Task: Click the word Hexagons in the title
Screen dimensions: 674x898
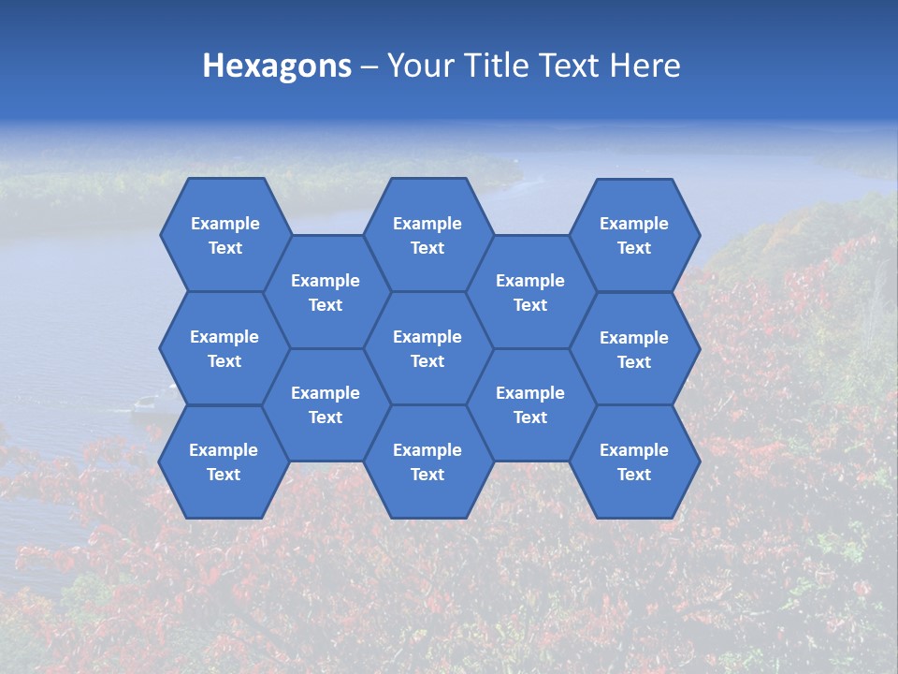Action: point(277,66)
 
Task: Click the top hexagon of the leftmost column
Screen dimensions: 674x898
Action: point(224,235)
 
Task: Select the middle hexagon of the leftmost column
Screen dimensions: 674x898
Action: point(224,348)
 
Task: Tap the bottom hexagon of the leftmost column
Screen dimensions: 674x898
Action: point(224,462)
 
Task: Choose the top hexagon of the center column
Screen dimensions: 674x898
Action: point(427,235)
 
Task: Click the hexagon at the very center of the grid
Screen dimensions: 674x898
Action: point(427,348)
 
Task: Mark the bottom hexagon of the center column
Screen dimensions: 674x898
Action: point(427,462)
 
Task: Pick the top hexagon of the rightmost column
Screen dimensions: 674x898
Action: point(634,235)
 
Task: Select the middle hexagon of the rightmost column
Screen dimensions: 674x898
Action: point(634,349)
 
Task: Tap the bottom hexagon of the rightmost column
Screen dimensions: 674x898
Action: point(634,462)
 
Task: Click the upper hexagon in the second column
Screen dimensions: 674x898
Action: point(326,292)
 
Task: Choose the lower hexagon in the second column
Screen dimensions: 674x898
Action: point(326,404)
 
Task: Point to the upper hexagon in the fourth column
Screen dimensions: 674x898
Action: point(530,292)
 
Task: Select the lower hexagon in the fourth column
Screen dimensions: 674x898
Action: point(530,404)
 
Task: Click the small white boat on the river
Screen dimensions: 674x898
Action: point(144,403)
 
